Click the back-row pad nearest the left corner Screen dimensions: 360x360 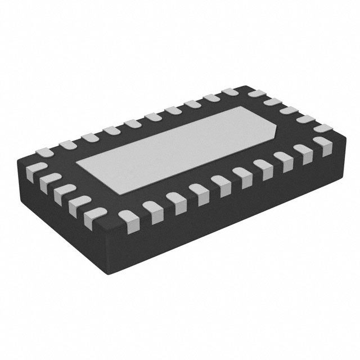point(43,150)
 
